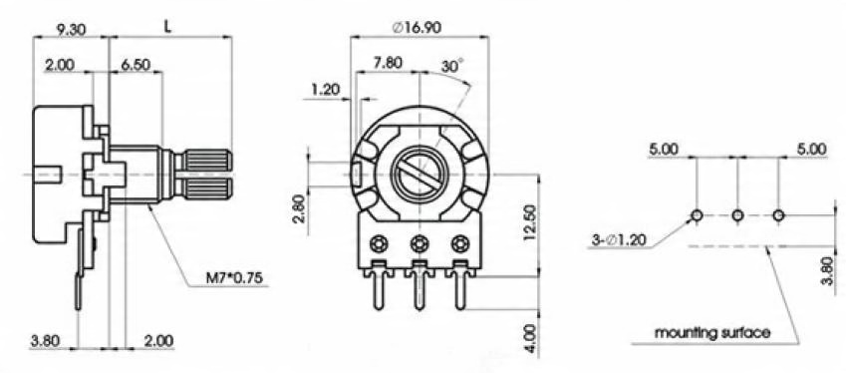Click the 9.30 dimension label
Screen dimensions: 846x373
(x=70, y=30)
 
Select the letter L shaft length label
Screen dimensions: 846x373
(x=168, y=28)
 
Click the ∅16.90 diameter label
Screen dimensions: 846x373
(x=419, y=28)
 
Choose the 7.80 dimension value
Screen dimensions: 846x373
(x=388, y=62)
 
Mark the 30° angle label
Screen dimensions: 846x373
(x=452, y=66)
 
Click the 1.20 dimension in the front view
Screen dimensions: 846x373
(x=325, y=89)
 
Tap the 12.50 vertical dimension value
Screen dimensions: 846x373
(x=530, y=222)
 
